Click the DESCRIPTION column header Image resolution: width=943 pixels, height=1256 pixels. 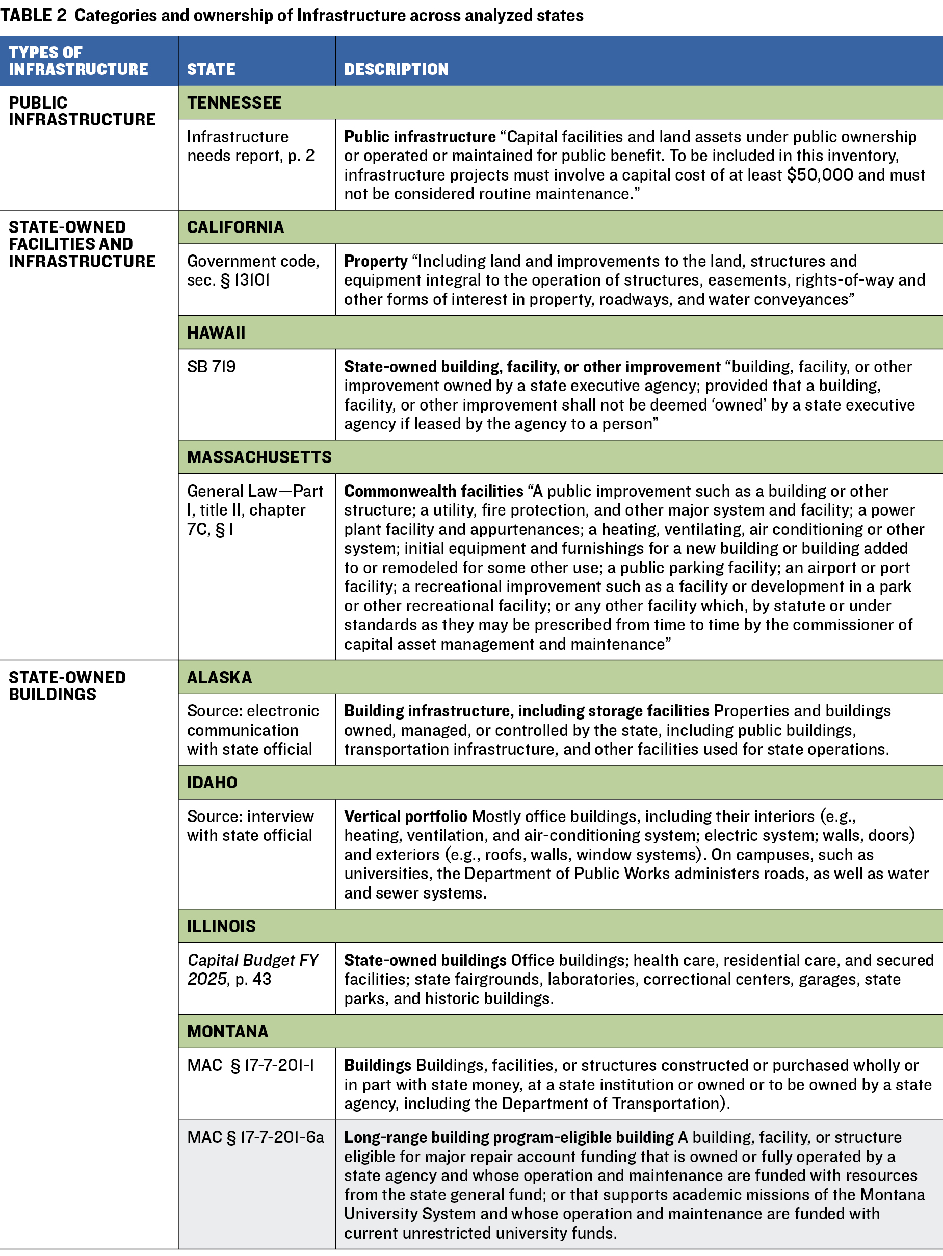click(396, 69)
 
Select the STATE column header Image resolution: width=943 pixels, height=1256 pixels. click(211, 69)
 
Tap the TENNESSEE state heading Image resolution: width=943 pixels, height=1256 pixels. click(234, 103)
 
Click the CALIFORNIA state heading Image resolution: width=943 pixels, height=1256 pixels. click(235, 227)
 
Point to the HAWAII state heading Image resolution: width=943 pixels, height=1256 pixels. click(216, 332)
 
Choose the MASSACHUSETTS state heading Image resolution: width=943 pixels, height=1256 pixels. click(259, 457)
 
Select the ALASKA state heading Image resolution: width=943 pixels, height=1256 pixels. click(220, 677)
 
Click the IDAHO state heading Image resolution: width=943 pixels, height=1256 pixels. click(213, 782)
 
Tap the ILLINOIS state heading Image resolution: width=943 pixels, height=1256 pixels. click(221, 926)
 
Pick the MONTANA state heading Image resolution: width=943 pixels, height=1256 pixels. click(228, 1031)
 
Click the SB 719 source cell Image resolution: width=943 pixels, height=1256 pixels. click(211, 367)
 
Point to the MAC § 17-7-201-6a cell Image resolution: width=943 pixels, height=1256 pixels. click(255, 1137)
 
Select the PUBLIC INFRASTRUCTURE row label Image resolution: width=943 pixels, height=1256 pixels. click(82, 111)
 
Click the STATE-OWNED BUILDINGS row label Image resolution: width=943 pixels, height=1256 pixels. click(67, 686)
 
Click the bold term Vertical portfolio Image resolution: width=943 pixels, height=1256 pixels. click(405, 816)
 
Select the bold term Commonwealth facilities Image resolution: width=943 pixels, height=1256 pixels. click(434, 491)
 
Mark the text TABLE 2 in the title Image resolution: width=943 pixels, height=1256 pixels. click(34, 15)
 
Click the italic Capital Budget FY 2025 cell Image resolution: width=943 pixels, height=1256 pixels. click(253, 969)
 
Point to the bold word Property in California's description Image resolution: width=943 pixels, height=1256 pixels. click(376, 261)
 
